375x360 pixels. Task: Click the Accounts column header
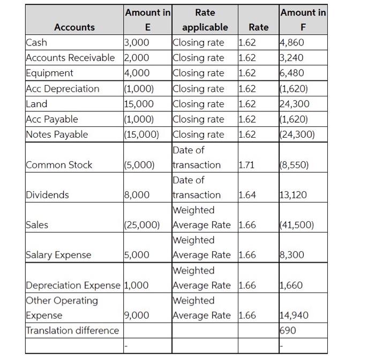(x=74, y=27)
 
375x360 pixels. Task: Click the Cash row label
(x=36, y=42)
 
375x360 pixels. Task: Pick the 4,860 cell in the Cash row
(x=294, y=42)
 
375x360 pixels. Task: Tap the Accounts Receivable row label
(x=70, y=57)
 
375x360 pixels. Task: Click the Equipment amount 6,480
(x=294, y=73)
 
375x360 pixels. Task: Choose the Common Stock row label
(x=59, y=165)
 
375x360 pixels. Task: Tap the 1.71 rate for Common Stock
(x=247, y=165)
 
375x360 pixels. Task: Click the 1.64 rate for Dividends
(x=247, y=195)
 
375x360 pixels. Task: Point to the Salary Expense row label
(x=58, y=256)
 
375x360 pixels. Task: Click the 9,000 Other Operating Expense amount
(x=137, y=316)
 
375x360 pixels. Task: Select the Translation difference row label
(x=72, y=331)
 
